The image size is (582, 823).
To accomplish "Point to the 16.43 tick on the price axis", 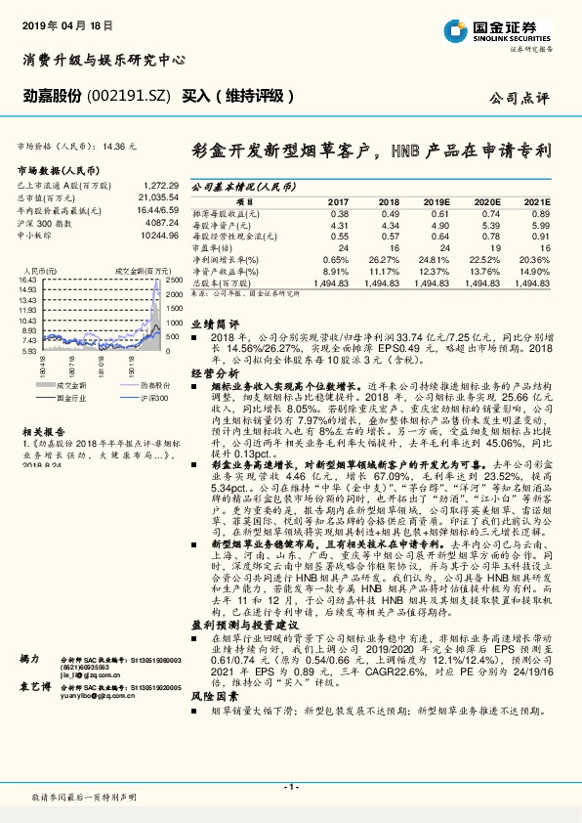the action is pyautogui.click(x=26, y=280).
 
